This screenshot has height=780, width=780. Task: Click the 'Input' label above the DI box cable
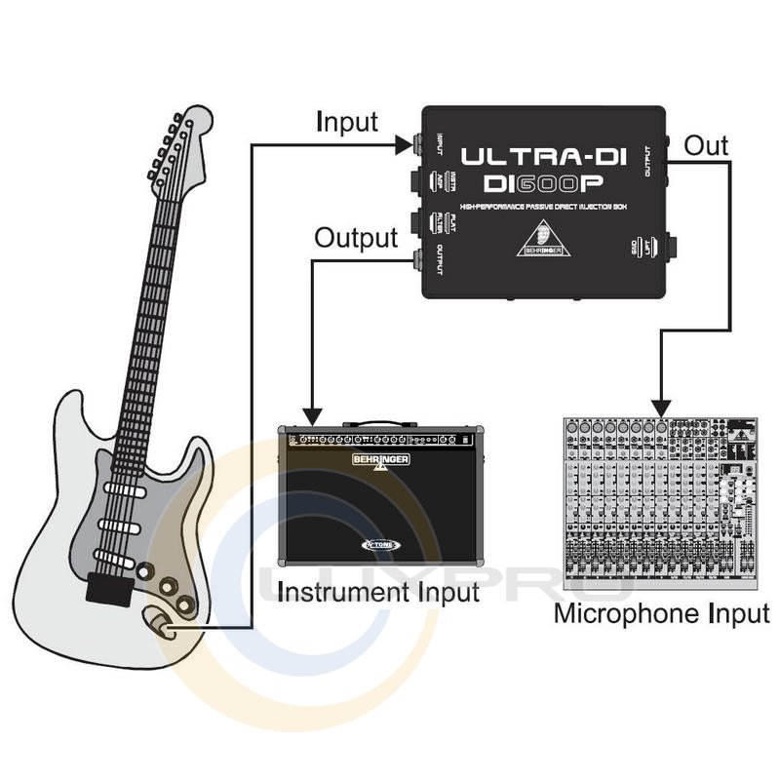346,123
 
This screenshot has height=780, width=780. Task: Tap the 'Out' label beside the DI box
706,146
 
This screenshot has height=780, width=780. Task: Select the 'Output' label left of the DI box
357,238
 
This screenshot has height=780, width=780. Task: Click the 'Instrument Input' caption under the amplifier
378,591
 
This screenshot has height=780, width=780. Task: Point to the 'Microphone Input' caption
662,614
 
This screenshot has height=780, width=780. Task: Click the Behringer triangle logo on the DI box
543,239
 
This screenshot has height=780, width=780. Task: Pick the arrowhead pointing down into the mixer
661,404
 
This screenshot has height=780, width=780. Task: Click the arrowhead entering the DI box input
404,146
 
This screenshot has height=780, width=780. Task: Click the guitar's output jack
161,624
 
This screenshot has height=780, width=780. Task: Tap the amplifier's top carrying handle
379,425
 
